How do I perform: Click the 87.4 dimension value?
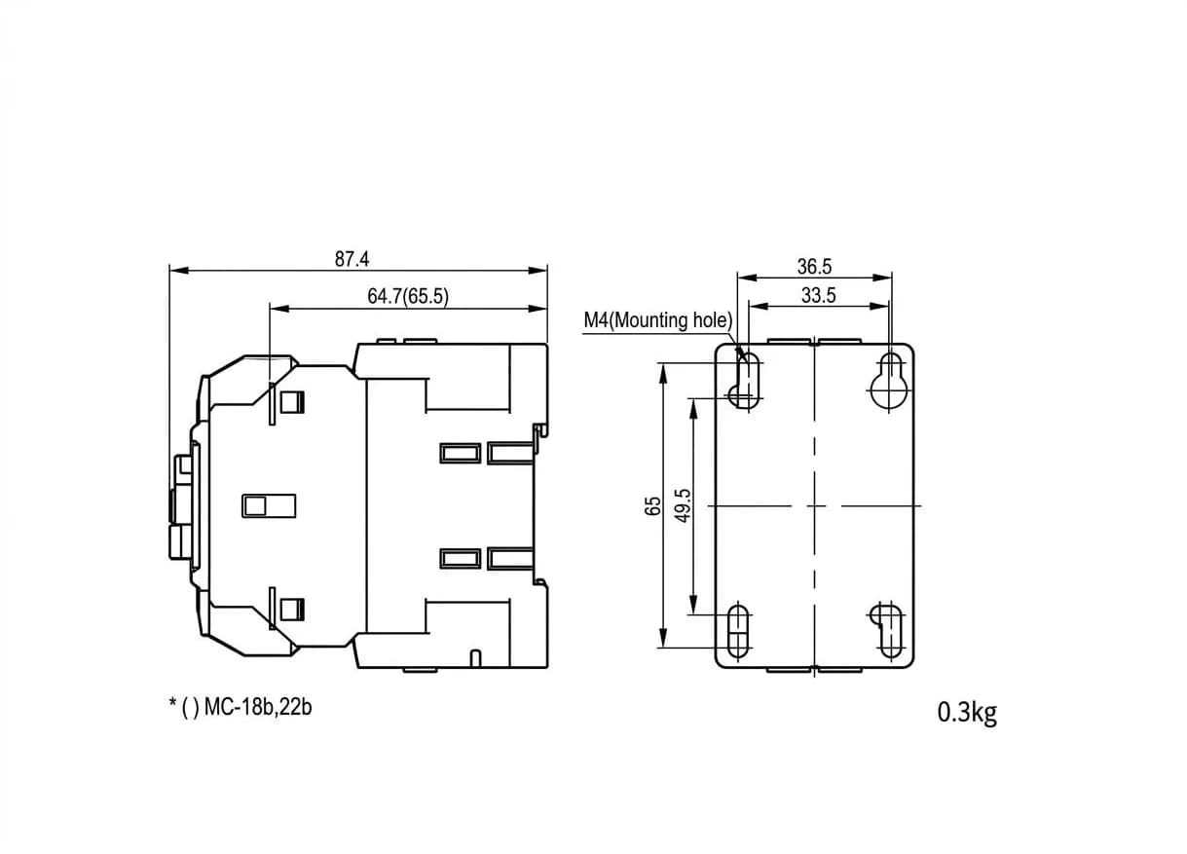click(352, 259)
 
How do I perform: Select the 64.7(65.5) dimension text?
click(407, 296)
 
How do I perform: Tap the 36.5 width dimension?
click(814, 267)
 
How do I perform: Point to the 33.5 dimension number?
click(818, 295)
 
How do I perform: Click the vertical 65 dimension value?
click(652, 506)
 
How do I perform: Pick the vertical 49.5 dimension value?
click(683, 505)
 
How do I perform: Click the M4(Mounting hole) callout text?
click(657, 320)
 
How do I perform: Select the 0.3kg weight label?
click(967, 713)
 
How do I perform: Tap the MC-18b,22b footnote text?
click(258, 707)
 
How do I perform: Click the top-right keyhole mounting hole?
click(891, 381)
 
